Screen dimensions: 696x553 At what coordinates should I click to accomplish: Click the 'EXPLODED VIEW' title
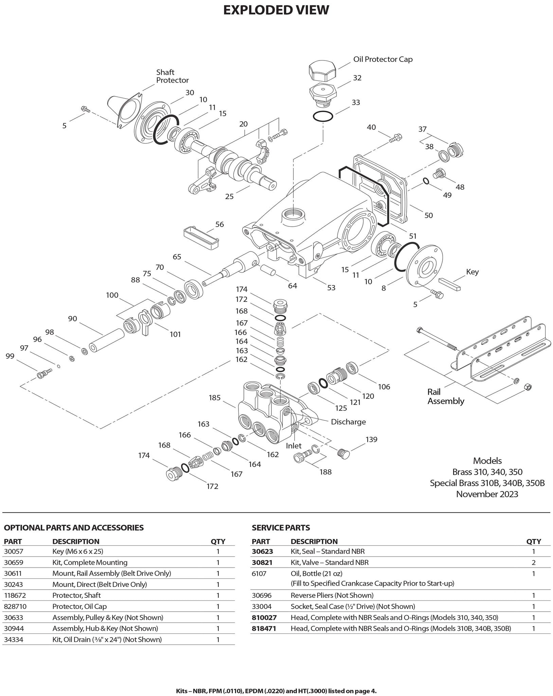276,10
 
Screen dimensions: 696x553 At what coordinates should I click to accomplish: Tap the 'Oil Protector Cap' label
383,59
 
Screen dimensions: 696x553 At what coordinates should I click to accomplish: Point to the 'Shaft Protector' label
172,76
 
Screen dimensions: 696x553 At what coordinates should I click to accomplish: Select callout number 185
215,398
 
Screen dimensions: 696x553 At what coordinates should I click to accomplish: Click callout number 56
219,224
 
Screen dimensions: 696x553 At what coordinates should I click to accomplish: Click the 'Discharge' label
348,422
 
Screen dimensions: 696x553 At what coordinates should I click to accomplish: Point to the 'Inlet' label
293,446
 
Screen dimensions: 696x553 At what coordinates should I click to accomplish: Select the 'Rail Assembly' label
446,397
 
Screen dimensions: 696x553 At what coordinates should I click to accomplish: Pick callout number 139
371,439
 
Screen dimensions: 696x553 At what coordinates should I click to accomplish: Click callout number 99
10,356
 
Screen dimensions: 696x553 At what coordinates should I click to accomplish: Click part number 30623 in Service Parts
262,551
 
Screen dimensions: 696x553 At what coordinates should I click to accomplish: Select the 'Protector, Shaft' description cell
76,595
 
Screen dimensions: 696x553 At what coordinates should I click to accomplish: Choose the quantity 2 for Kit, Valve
533,562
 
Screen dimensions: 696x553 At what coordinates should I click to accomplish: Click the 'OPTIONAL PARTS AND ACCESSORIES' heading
74,527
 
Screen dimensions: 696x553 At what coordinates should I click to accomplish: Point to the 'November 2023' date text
487,494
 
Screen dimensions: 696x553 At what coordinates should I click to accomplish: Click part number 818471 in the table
264,628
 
